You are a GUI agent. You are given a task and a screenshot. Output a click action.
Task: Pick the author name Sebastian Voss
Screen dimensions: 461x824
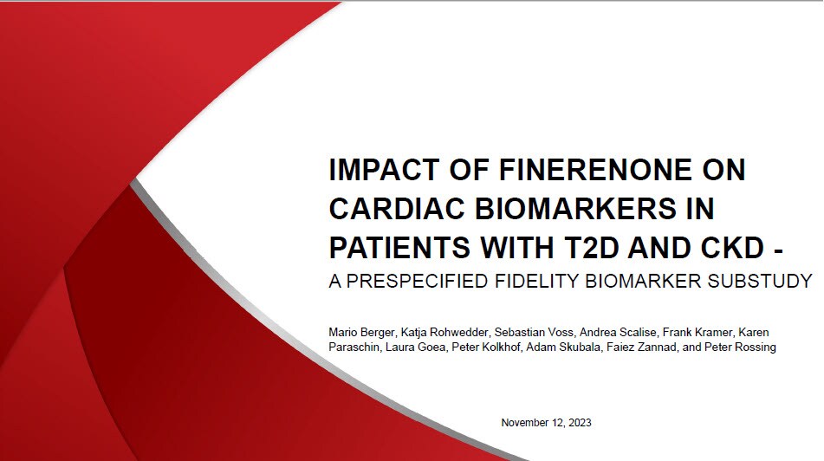point(530,333)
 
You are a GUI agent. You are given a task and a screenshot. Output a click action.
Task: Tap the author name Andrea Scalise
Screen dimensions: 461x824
point(613,333)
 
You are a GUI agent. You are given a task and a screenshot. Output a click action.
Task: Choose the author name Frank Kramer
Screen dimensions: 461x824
point(694,333)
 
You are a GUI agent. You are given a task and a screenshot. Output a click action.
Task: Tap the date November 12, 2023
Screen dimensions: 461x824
point(546,423)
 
